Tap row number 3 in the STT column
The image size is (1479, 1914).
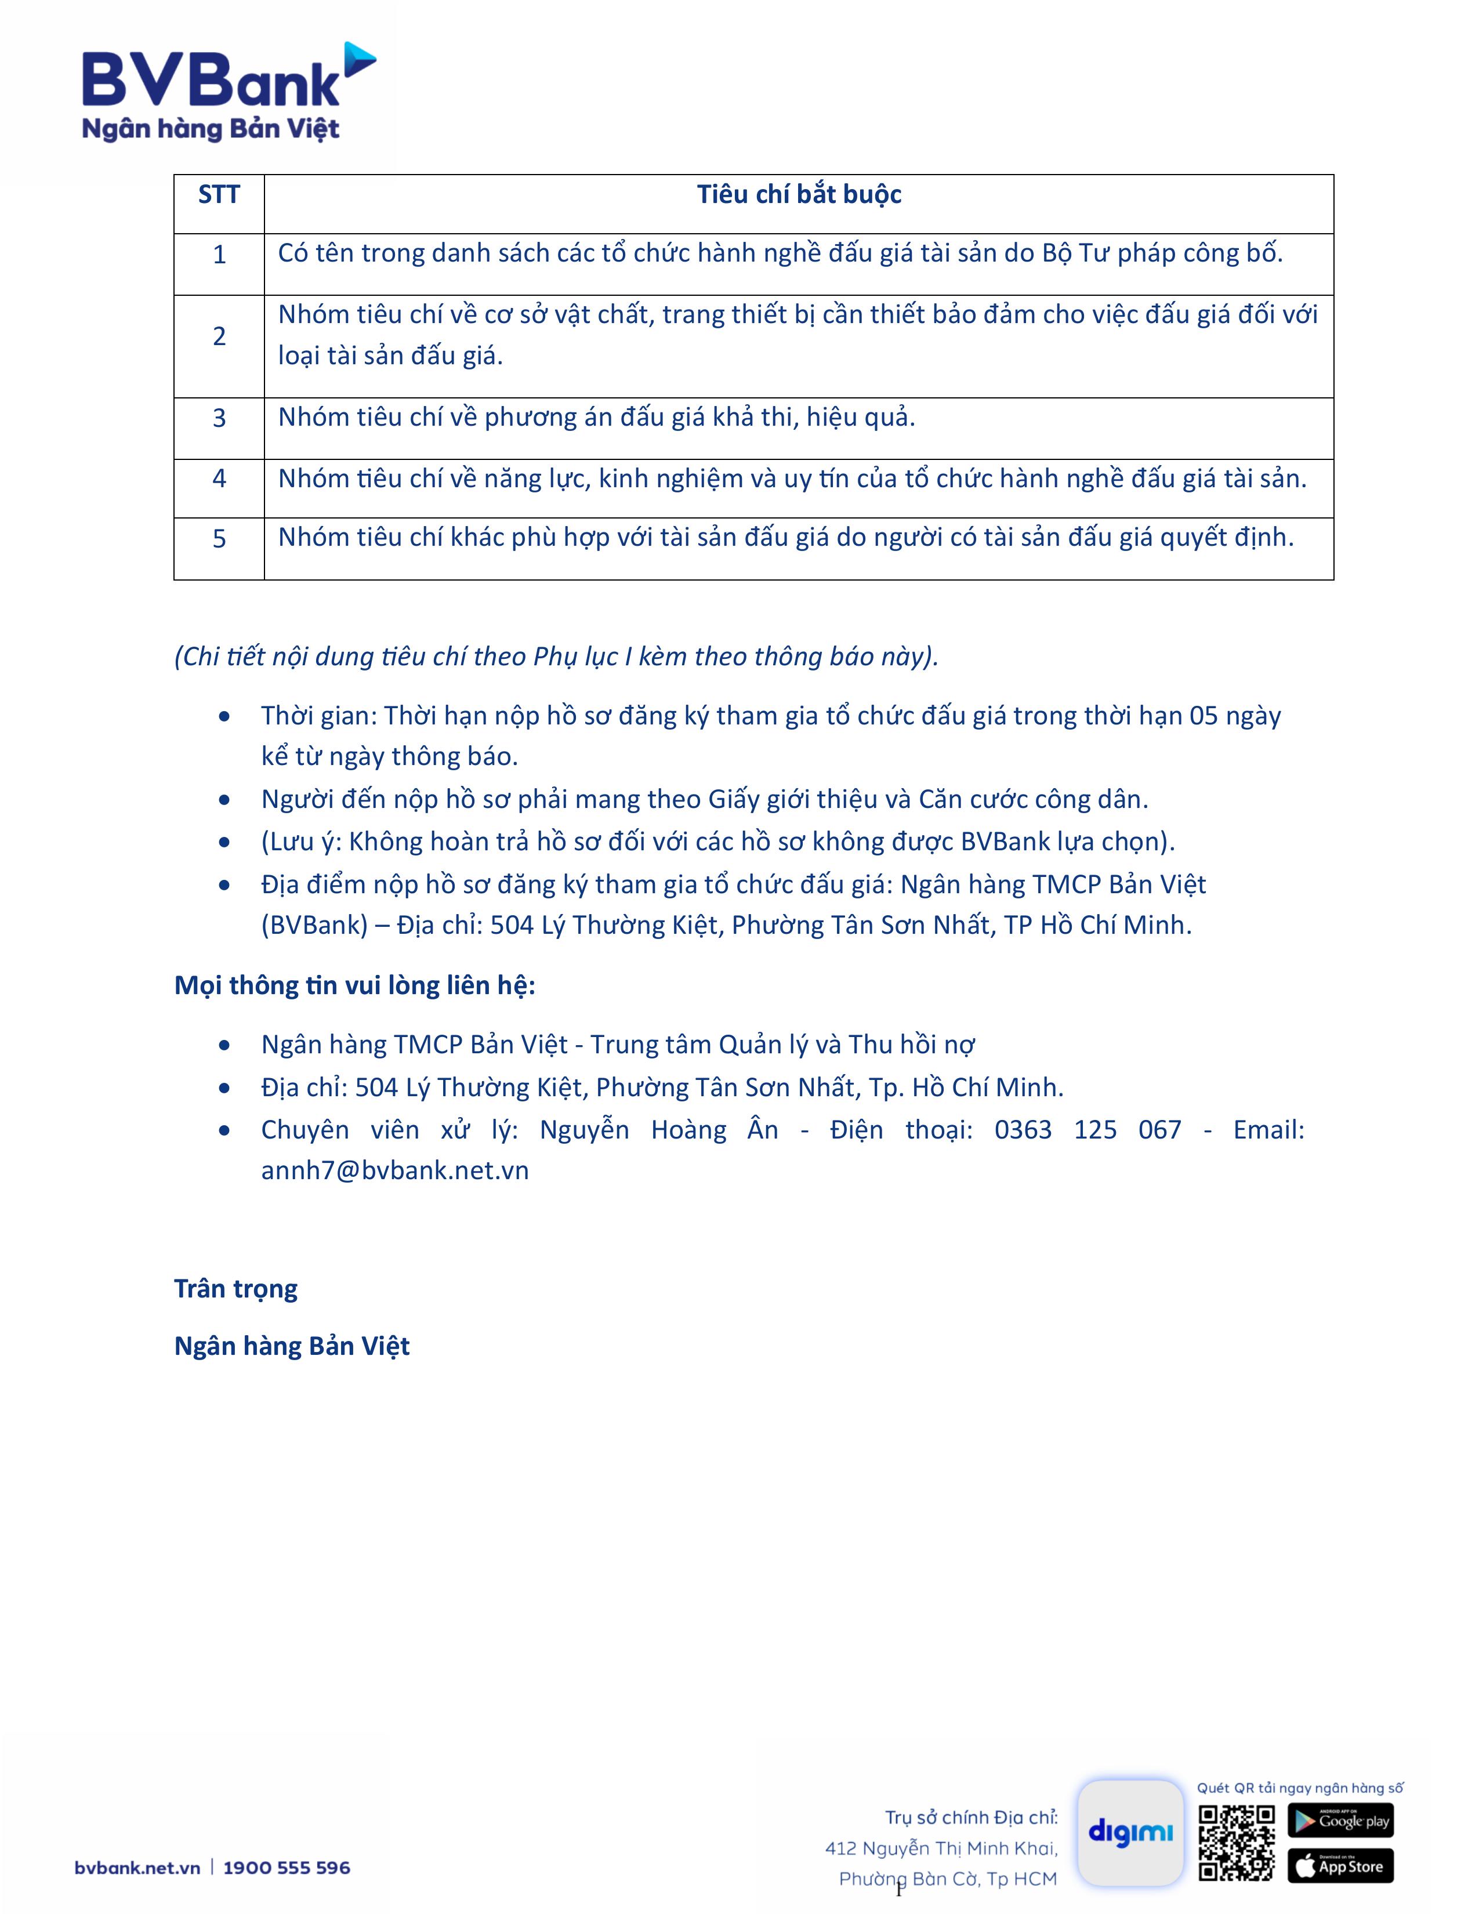tap(219, 418)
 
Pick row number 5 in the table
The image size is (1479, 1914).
tap(219, 539)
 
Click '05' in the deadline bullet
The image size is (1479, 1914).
tap(1203, 716)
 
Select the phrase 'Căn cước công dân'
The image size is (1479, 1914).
tap(1032, 799)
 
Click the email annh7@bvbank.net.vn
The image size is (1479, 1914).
tap(394, 1171)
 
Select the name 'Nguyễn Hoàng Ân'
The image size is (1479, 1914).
tap(659, 1130)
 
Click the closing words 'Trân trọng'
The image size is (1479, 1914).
tap(235, 1288)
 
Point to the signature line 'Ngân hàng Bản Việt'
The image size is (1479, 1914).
tap(292, 1346)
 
